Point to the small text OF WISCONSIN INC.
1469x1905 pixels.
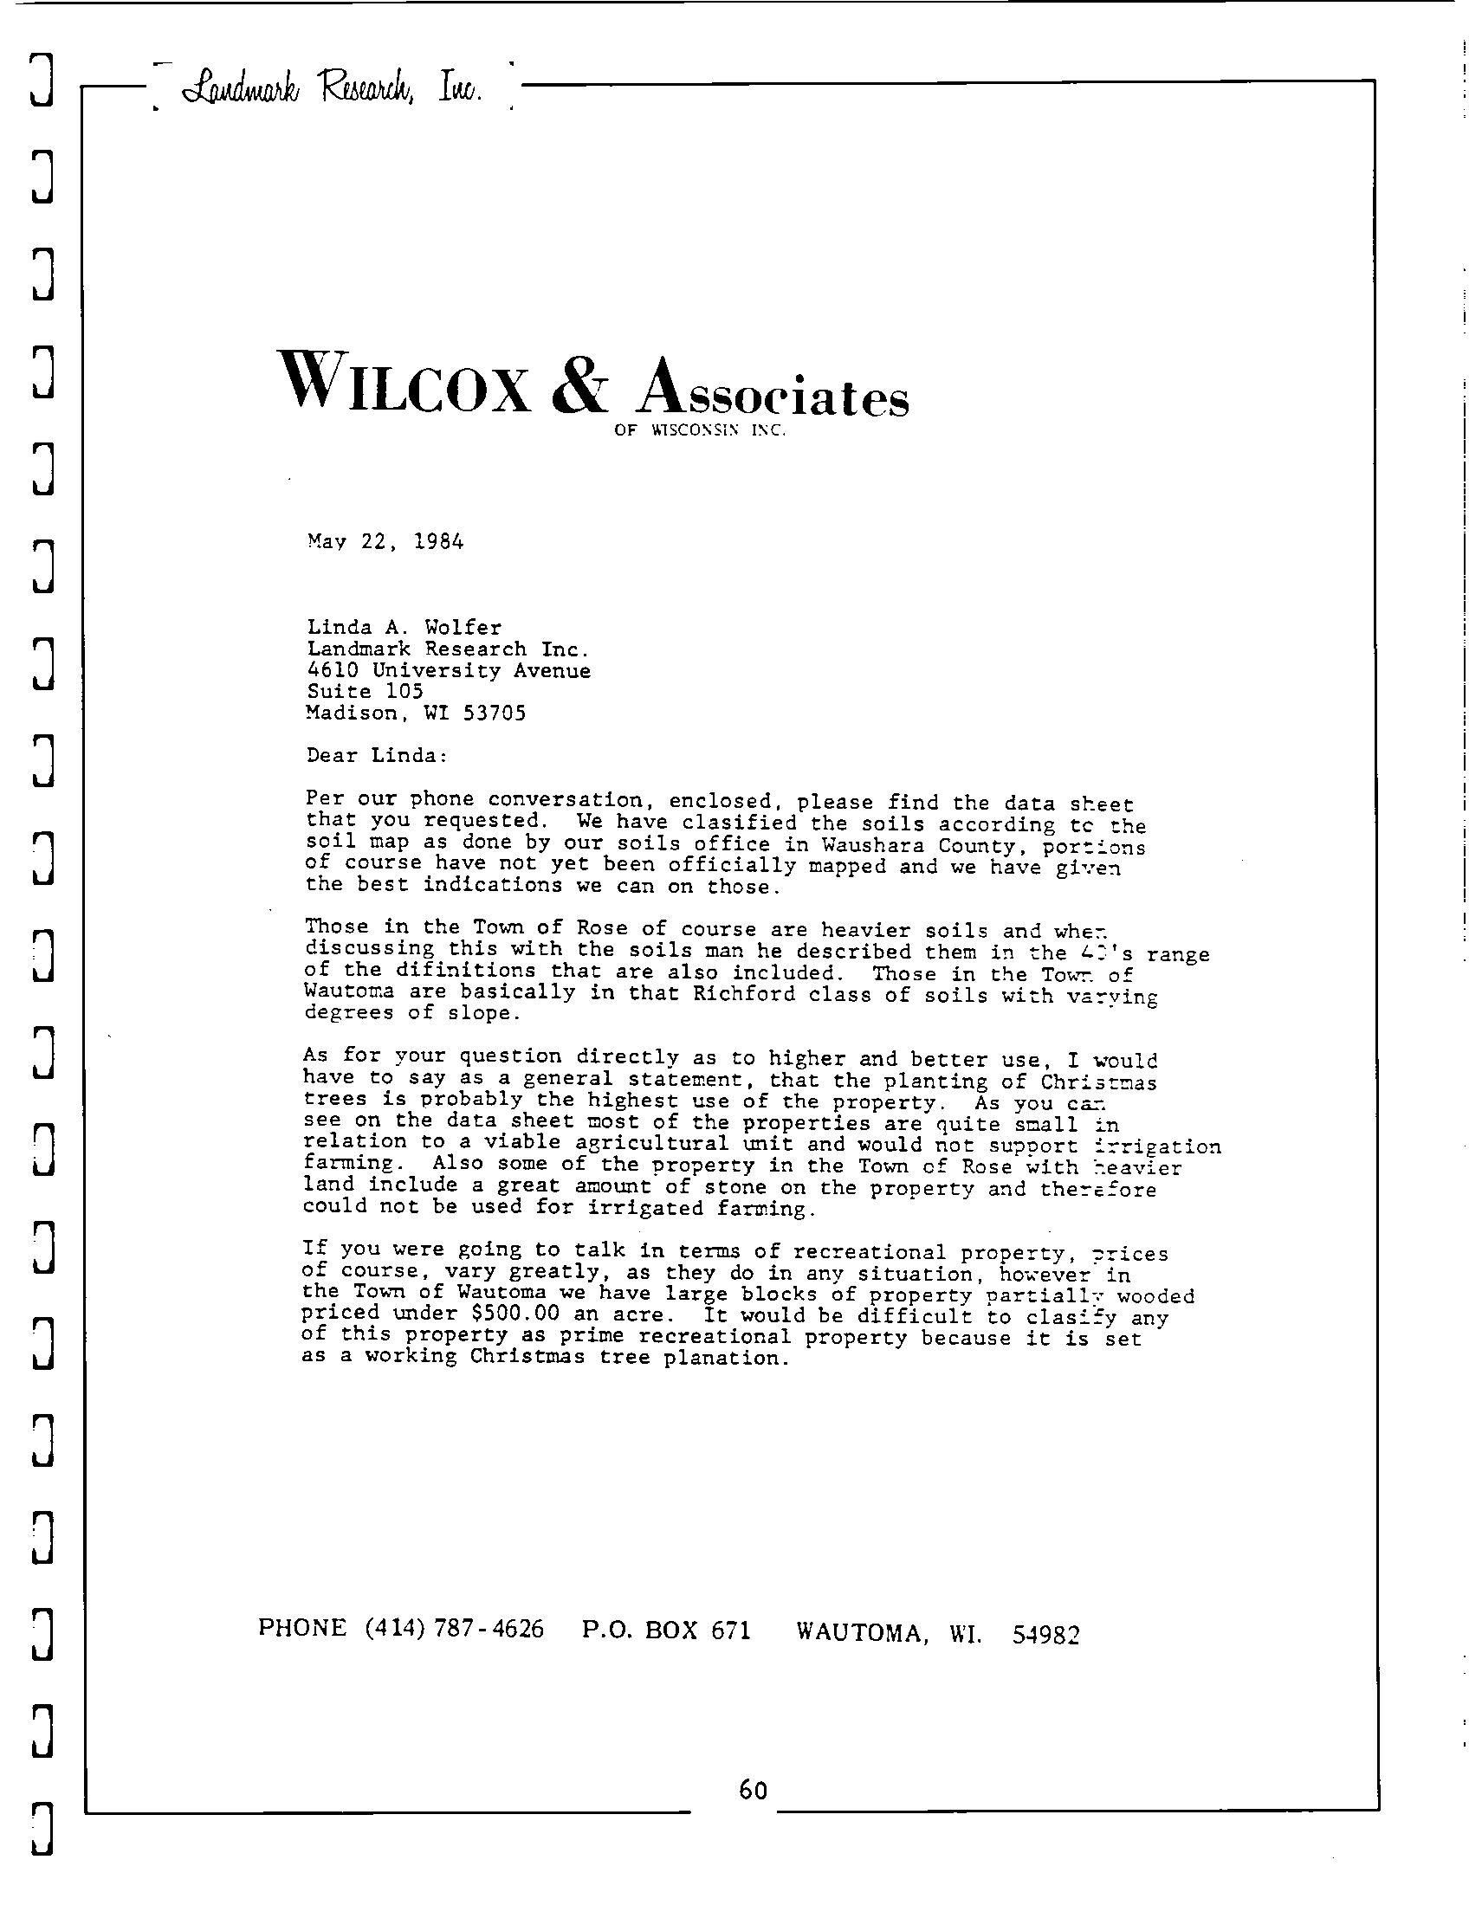(x=701, y=430)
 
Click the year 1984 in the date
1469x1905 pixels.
(x=438, y=542)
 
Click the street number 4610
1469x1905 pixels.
(x=333, y=670)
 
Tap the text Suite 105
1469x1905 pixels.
(x=365, y=692)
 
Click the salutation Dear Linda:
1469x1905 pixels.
(x=377, y=755)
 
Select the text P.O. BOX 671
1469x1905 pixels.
(x=665, y=1630)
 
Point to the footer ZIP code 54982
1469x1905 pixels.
(x=1046, y=1634)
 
